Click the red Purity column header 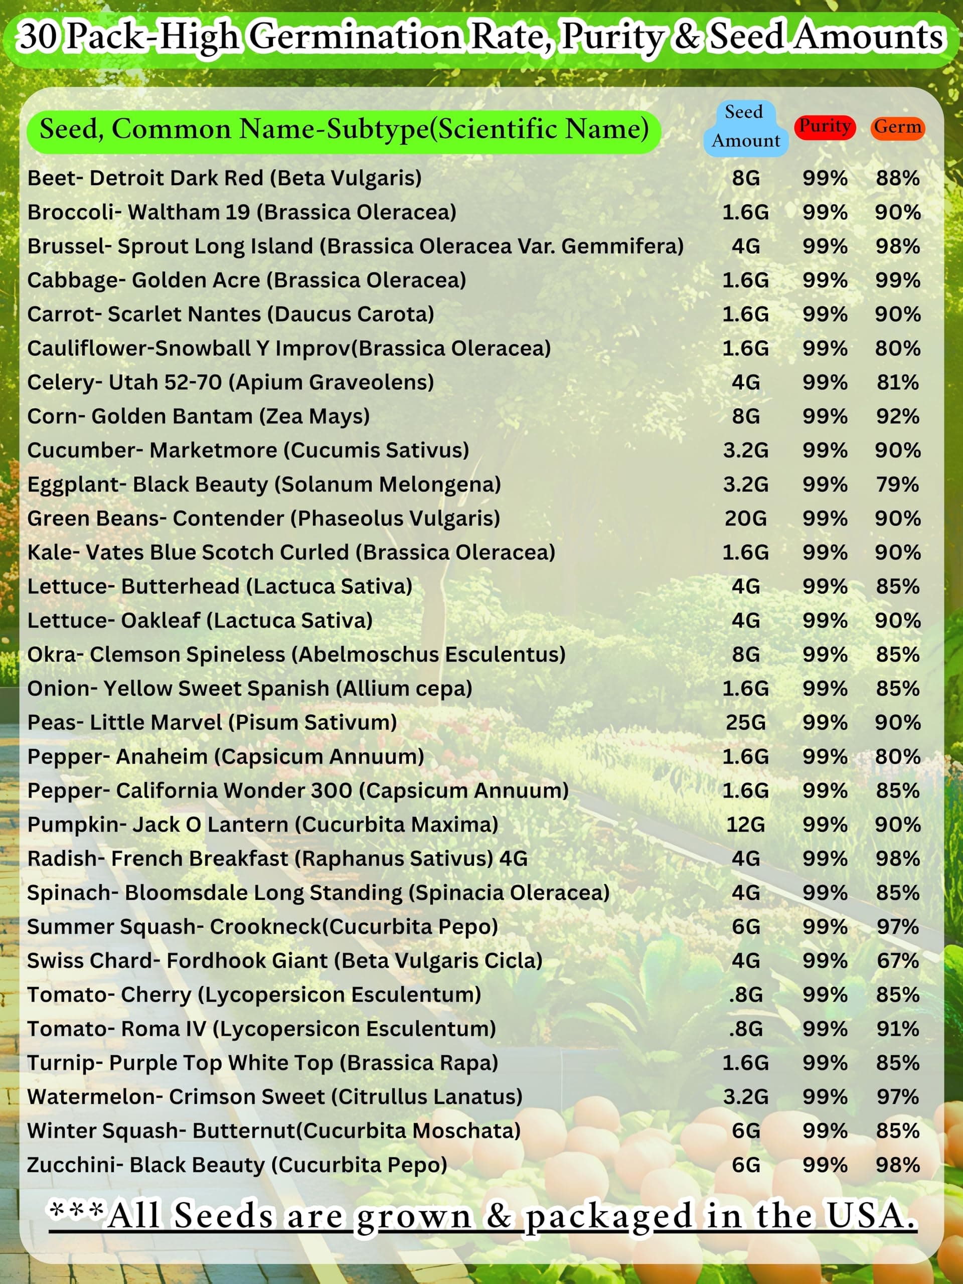coord(824,126)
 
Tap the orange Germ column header coord(897,127)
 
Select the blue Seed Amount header coord(746,126)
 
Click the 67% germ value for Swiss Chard coord(897,960)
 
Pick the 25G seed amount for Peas coord(746,723)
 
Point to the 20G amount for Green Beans coord(746,518)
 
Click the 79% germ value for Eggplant coord(897,485)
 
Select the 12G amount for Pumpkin coord(746,825)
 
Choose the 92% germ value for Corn coord(897,417)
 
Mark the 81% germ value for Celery coord(897,383)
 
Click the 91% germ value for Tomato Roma coord(897,1029)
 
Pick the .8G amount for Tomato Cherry coord(746,995)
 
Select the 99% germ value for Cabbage coord(897,280)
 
